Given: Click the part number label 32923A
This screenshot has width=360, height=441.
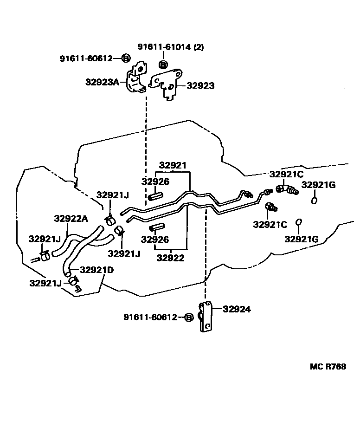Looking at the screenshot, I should click(102, 82).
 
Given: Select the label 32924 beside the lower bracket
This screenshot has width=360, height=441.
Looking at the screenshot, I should click(237, 309).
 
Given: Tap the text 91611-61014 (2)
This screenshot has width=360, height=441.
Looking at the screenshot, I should click(170, 47).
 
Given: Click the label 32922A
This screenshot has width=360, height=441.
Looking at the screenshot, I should click(71, 219).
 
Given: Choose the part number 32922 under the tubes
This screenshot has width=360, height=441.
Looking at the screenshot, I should click(170, 258).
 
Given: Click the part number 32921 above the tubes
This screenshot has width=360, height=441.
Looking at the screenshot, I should click(173, 165).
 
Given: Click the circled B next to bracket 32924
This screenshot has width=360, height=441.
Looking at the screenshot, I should click(188, 318).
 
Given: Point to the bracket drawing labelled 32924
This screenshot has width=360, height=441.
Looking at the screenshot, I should click(206, 317).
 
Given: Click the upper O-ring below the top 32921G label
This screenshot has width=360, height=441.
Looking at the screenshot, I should click(315, 201).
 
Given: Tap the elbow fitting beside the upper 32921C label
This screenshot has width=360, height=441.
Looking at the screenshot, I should click(287, 189).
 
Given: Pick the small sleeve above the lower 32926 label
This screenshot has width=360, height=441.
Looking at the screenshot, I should click(157, 228).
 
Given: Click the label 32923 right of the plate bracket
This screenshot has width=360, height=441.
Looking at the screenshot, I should click(200, 86).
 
